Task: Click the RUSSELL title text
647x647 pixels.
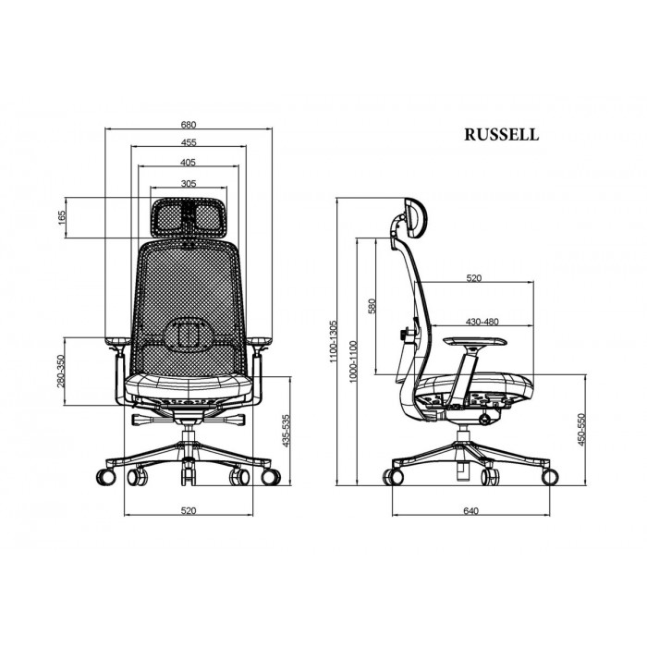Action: click(501, 135)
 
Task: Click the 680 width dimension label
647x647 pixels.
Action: click(189, 124)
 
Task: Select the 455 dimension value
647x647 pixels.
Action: click(189, 142)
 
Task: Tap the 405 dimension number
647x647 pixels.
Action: click(189, 162)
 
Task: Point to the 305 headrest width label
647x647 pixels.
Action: click(189, 183)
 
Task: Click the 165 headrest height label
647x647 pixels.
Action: click(62, 217)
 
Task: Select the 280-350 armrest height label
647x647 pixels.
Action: click(61, 372)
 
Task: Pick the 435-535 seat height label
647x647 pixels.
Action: click(286, 431)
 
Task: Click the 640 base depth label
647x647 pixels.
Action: click(470, 511)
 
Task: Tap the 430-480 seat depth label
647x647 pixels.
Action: click(482, 322)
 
